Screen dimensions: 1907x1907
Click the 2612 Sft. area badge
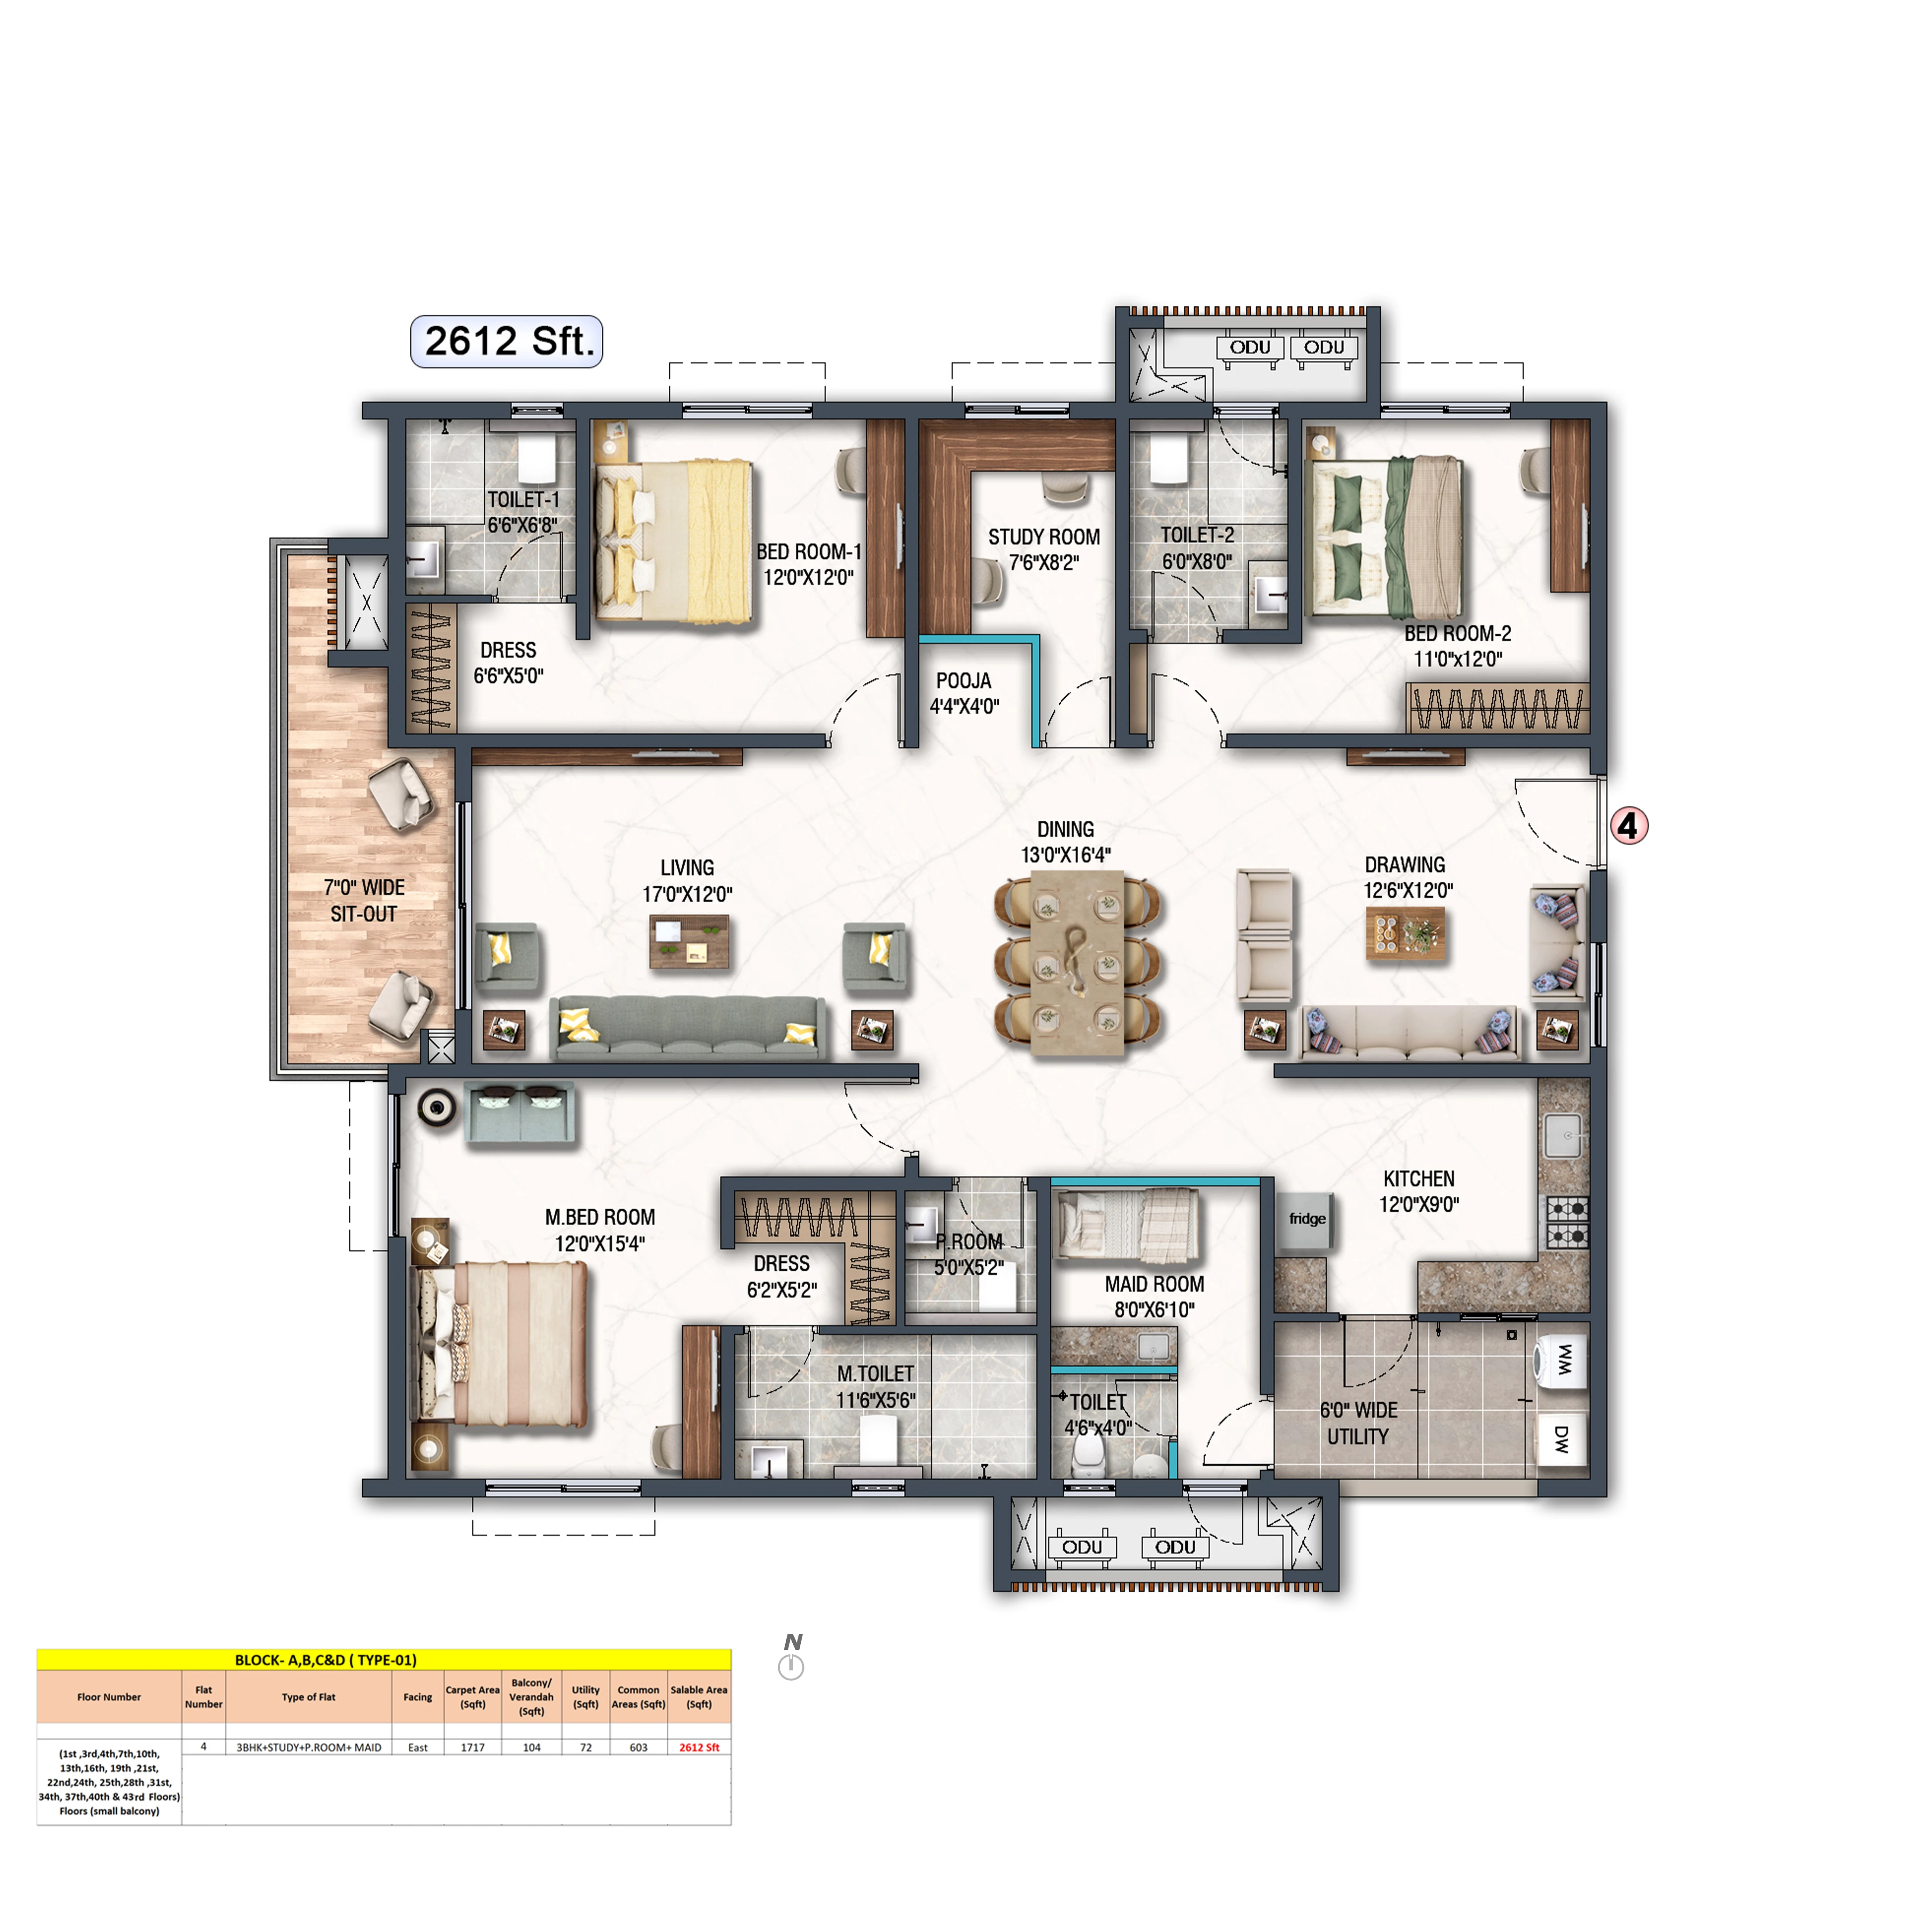tap(506, 342)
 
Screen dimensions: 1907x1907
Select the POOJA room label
tap(963, 681)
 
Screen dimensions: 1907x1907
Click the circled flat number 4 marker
tap(1629, 826)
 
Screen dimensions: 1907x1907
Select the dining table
tap(1077, 962)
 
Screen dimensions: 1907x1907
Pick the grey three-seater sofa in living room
tap(689, 1028)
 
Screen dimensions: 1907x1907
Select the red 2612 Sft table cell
tap(699, 1747)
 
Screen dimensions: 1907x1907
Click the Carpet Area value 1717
tap(473, 1747)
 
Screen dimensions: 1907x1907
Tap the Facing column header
tap(418, 1697)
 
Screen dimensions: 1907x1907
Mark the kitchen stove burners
tap(1567, 1222)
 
